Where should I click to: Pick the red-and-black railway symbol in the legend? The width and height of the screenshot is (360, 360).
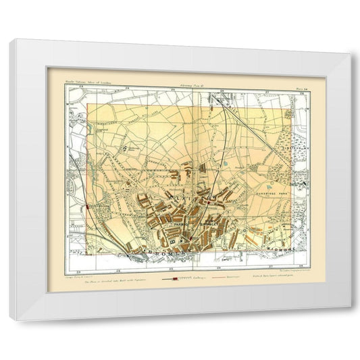(x=176, y=277)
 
